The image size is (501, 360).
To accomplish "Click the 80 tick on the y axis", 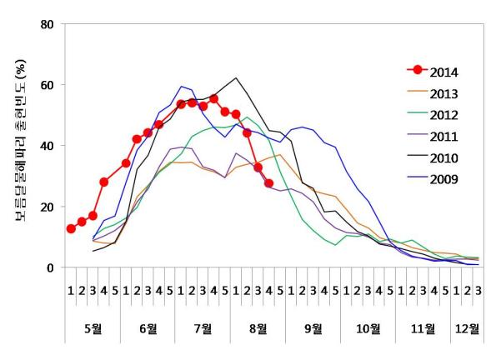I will click(x=48, y=24).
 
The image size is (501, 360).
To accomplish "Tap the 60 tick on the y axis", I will click(x=48, y=85).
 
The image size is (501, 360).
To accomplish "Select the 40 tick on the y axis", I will click(x=48, y=146).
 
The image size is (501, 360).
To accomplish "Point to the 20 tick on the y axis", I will click(x=48, y=207).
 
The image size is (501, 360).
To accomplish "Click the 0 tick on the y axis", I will click(x=52, y=267).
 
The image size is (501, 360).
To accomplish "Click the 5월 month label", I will click(x=93, y=328).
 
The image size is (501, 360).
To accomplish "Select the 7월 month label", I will click(x=203, y=328).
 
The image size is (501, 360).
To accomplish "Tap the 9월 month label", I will click(x=313, y=328).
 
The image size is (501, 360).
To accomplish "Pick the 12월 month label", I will click(x=467, y=328).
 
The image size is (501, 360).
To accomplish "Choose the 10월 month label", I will click(x=368, y=328).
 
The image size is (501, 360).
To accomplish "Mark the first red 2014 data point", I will click(x=71, y=228).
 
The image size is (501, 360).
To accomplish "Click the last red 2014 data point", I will click(x=269, y=183).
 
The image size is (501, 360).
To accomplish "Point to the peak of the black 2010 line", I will click(x=237, y=78).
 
